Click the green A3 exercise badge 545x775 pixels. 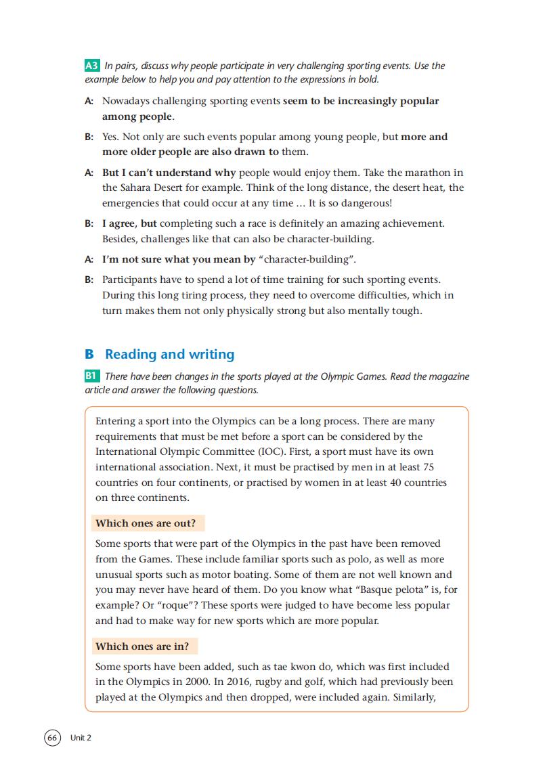coord(92,66)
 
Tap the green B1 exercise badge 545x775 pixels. coord(92,376)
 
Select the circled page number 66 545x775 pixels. coord(53,737)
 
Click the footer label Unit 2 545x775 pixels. coord(81,738)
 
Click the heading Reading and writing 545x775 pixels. coord(169,354)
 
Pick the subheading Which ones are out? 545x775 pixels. coord(146,523)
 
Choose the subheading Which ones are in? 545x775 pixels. coord(142,646)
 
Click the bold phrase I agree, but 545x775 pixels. coord(131,223)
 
